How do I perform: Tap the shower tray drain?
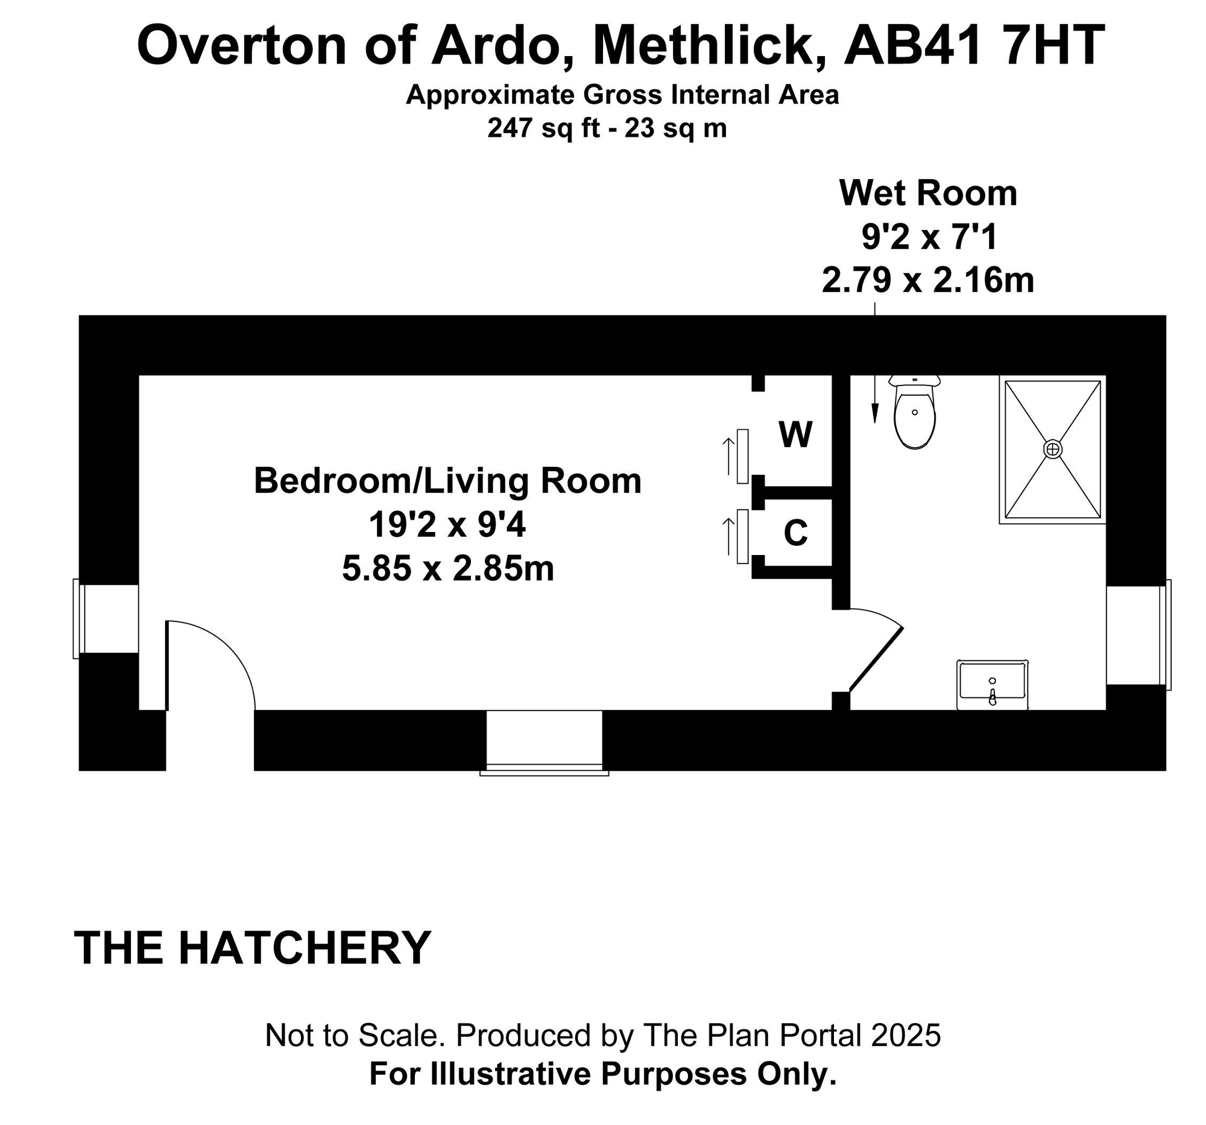click(1052, 449)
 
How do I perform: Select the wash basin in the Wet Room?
click(993, 684)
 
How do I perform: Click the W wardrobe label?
click(795, 434)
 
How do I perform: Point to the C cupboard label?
click(795, 533)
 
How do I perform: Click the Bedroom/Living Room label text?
click(447, 481)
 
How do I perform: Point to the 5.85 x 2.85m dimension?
click(448, 569)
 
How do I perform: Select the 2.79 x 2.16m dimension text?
click(928, 280)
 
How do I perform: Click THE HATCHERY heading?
click(253, 948)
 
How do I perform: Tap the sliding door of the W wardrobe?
click(742, 456)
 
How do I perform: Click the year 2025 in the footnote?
click(906, 1035)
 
